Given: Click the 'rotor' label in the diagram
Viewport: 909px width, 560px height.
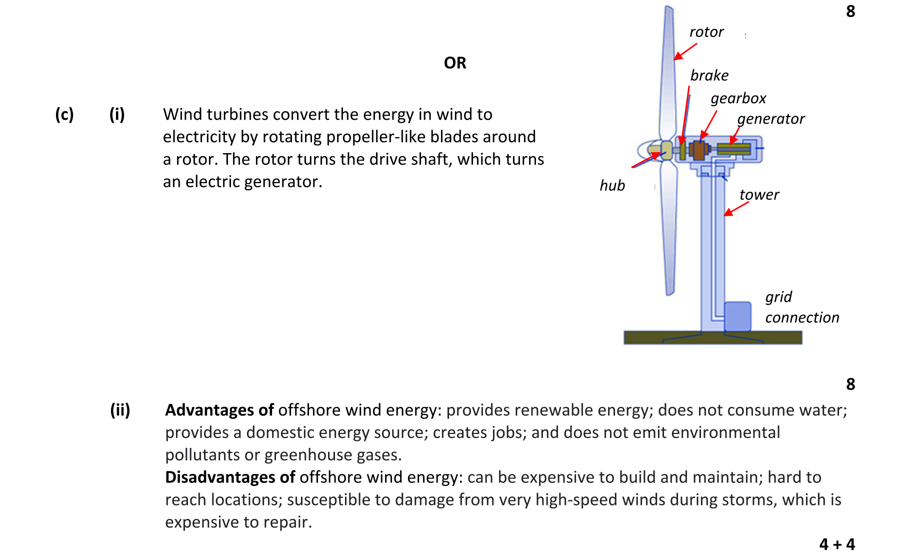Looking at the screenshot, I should tap(706, 32).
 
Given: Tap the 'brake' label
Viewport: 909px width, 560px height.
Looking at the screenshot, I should tap(709, 76).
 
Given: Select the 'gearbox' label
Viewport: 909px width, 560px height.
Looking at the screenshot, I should tap(738, 99).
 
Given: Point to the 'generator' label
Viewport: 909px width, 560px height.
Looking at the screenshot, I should tap(770, 119).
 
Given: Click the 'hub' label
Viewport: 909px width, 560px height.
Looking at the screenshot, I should tap(612, 186).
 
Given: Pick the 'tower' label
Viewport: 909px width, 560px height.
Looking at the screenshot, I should tap(759, 195).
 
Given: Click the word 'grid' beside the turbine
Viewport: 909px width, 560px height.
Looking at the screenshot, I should tap(778, 297).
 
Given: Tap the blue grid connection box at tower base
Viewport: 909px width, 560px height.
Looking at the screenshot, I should tap(737, 316).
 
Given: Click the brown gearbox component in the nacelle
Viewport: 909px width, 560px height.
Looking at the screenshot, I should tap(698, 150).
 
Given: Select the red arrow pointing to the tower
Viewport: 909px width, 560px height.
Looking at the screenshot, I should tap(735, 210).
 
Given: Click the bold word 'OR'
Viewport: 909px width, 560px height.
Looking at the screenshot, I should tap(455, 63).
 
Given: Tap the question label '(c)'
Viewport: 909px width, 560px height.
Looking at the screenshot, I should tap(64, 115).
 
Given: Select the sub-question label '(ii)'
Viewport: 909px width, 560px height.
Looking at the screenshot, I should tap(120, 410).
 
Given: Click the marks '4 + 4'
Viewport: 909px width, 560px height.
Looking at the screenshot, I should tap(837, 544).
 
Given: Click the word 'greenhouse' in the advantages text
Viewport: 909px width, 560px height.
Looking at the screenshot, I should tap(301, 455).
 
